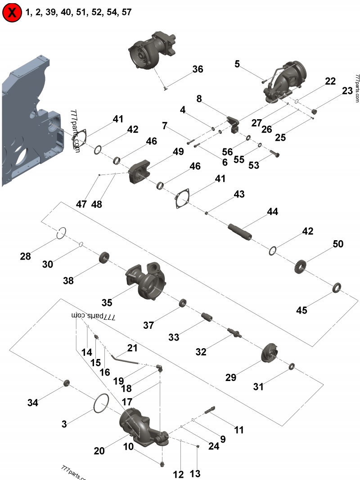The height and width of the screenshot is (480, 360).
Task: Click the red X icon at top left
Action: click(x=13, y=13)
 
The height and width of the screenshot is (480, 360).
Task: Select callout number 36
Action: click(x=198, y=69)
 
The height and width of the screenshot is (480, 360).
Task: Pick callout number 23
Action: click(x=347, y=91)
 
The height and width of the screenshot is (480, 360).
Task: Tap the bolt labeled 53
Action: click(x=275, y=154)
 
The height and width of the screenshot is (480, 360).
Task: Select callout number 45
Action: click(x=301, y=310)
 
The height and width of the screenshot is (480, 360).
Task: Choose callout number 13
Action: click(x=195, y=473)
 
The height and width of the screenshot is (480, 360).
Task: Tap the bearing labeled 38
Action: click(x=105, y=258)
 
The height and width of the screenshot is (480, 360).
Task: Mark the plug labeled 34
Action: click(x=67, y=383)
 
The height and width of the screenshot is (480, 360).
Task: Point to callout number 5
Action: click(x=237, y=64)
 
